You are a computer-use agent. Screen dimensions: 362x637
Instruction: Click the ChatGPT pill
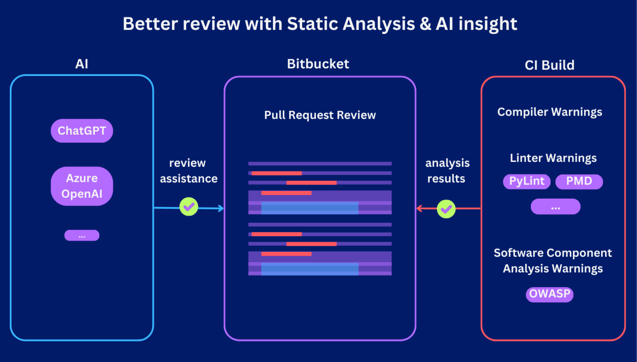[82, 131]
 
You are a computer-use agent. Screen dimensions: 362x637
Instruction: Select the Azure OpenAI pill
[82, 186]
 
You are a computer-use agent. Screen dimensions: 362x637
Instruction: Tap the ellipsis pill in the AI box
[82, 235]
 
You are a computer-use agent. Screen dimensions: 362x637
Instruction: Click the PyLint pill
[527, 182]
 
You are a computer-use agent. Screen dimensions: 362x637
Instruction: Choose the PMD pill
[579, 182]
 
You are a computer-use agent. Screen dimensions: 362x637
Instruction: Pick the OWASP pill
[549, 294]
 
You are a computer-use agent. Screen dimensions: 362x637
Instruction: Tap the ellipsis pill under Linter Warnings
[555, 207]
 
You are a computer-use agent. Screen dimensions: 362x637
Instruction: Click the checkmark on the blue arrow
[189, 207]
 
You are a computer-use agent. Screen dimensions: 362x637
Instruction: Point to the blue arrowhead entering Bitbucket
[220, 209]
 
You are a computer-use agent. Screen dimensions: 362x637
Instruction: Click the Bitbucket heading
[318, 64]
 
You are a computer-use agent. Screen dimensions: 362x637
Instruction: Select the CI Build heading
[549, 65]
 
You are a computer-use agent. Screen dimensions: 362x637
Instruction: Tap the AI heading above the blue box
[81, 64]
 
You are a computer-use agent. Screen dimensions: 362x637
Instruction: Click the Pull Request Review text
[320, 115]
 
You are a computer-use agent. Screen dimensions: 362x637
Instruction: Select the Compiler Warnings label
[549, 112]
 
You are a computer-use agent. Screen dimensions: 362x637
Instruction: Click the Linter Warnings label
[553, 158]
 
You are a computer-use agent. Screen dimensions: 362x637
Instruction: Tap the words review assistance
[188, 170]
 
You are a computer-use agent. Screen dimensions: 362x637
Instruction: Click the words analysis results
[447, 170]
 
